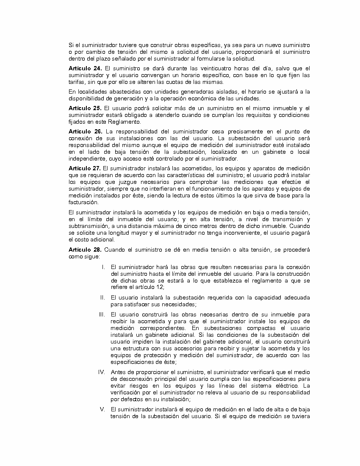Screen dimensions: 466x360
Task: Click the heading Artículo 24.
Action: pos(85,69)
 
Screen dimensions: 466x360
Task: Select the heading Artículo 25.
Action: pos(85,108)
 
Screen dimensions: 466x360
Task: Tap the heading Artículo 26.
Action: pos(85,132)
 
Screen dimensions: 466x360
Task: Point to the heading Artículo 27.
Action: pos(85,168)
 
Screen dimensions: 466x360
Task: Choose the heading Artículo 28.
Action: pos(85,250)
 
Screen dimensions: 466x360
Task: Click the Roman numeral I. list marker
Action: pos(103,267)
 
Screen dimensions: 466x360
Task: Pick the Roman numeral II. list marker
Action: pos(102,297)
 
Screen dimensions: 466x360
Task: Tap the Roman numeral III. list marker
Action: pos(102,314)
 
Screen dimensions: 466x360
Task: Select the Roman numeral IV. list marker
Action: pos(102,372)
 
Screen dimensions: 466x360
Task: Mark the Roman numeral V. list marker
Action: pos(102,409)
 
